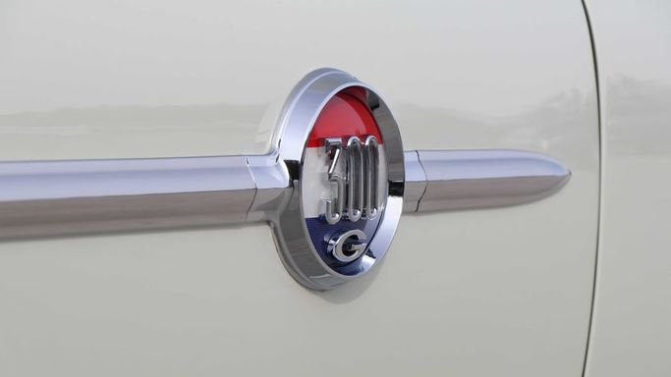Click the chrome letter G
[x=347, y=248]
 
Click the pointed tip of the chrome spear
[x=570, y=176]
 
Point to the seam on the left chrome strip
[x=252, y=190]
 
